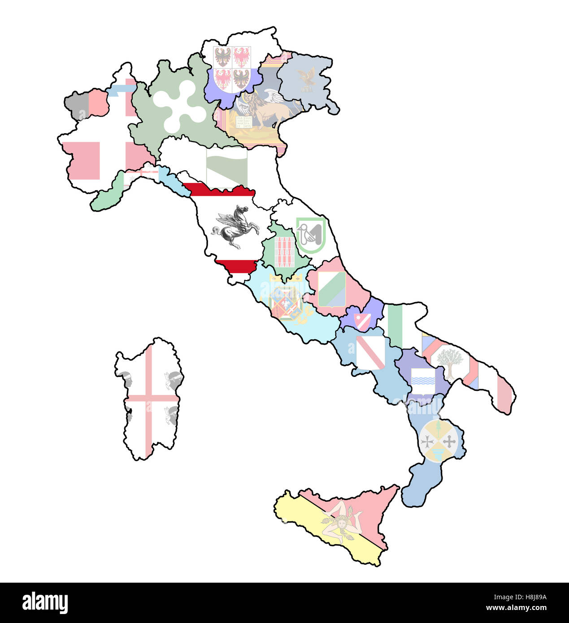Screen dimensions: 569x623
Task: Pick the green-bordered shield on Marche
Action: click(311, 234)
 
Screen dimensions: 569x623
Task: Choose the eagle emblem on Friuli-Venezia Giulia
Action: click(308, 80)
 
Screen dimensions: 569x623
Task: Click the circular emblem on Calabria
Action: click(439, 440)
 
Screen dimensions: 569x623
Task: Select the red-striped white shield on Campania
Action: click(370, 352)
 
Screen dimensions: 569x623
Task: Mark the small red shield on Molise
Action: click(362, 320)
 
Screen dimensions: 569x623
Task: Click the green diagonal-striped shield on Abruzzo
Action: click(332, 289)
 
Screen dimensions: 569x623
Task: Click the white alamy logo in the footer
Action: click(45, 603)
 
